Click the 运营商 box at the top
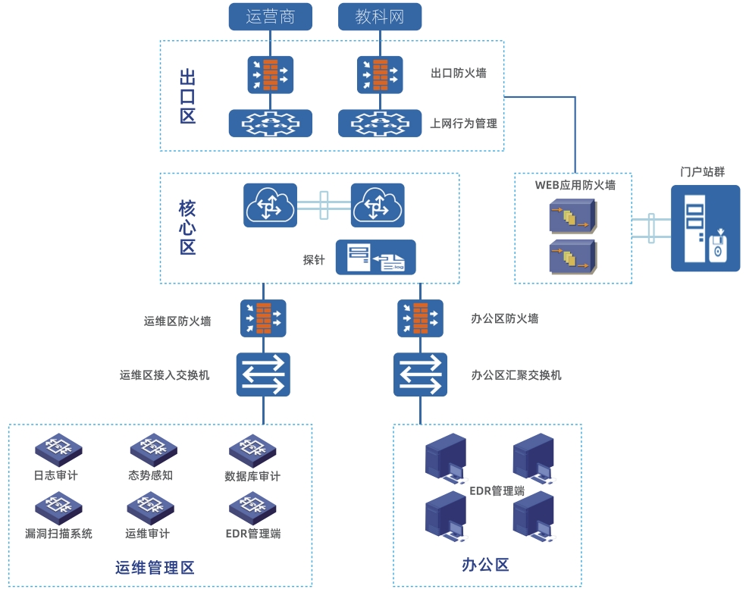pyautogui.click(x=271, y=17)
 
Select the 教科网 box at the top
pyautogui.click(x=379, y=17)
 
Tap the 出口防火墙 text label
pyautogui.click(x=458, y=74)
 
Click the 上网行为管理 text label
pyautogui.click(x=463, y=123)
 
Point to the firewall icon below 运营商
pyautogui.click(x=271, y=74)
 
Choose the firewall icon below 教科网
pyautogui.click(x=379, y=74)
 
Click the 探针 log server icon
pyautogui.click(x=376, y=257)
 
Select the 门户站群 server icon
pyautogui.click(x=705, y=227)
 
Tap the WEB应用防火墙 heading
pyautogui.click(x=575, y=184)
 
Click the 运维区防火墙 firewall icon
pyautogui.click(x=263, y=318)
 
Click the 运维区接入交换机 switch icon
pyautogui.click(x=263, y=374)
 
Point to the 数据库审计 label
pyautogui.click(x=252, y=477)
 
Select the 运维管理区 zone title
pyautogui.click(x=155, y=568)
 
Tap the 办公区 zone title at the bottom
pyautogui.click(x=485, y=565)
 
